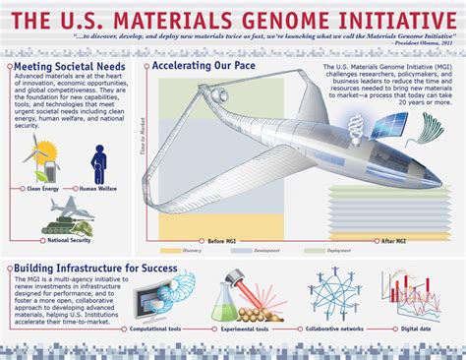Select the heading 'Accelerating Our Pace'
point(204,67)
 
